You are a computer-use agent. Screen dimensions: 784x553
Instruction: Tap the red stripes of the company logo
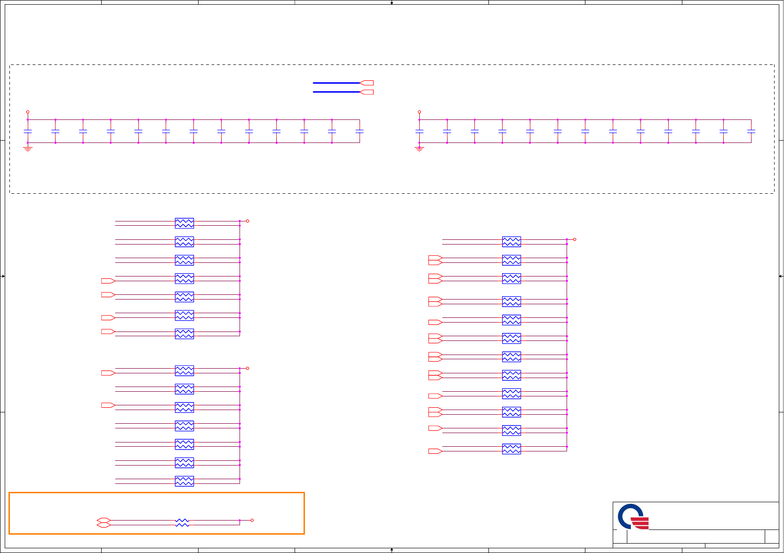pos(640,523)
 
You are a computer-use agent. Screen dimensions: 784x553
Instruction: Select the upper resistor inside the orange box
pos(182,521)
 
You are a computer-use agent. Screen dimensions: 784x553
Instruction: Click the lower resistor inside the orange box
pos(182,525)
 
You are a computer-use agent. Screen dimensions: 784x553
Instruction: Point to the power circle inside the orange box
pos(252,521)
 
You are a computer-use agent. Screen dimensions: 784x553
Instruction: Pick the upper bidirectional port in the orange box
pos(104,521)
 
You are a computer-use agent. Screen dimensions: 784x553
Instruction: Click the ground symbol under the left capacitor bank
pos(28,149)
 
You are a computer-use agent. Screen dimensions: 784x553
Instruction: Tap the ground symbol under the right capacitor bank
pos(419,149)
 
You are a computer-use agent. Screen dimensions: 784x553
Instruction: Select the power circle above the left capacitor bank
pos(28,112)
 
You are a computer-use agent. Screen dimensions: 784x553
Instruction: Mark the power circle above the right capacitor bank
pos(419,112)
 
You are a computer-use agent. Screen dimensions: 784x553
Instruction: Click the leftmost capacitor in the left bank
pos(28,131)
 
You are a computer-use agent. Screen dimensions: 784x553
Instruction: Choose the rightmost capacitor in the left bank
pos(360,131)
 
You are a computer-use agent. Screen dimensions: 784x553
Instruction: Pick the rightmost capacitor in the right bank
pos(751,131)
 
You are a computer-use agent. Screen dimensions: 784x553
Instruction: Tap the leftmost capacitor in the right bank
pos(419,131)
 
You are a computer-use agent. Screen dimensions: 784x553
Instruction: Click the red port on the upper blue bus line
pos(367,83)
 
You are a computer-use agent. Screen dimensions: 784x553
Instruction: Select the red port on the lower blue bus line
pos(367,92)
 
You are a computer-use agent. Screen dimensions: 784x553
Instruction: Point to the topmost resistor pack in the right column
pos(512,242)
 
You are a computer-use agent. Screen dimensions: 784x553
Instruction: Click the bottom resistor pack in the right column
pos(512,449)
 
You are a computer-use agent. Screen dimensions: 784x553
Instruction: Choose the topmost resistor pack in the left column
pos(184,223)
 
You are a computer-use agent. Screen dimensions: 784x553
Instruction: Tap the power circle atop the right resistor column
pos(575,239)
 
